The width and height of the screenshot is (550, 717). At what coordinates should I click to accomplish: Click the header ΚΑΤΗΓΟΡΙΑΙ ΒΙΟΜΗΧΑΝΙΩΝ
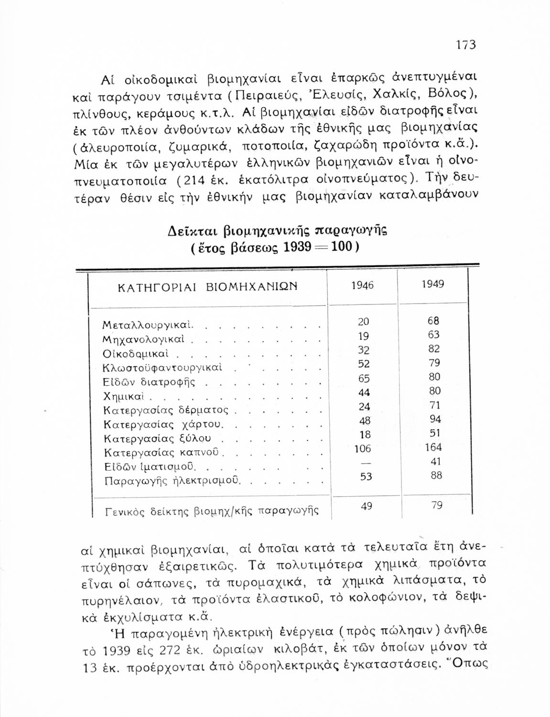pos(207,287)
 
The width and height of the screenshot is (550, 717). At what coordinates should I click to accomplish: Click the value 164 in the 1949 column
pos(434,447)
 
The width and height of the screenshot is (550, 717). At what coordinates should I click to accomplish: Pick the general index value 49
pos(367,506)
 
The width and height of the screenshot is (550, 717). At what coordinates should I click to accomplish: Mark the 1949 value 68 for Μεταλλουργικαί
pos(434,321)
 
